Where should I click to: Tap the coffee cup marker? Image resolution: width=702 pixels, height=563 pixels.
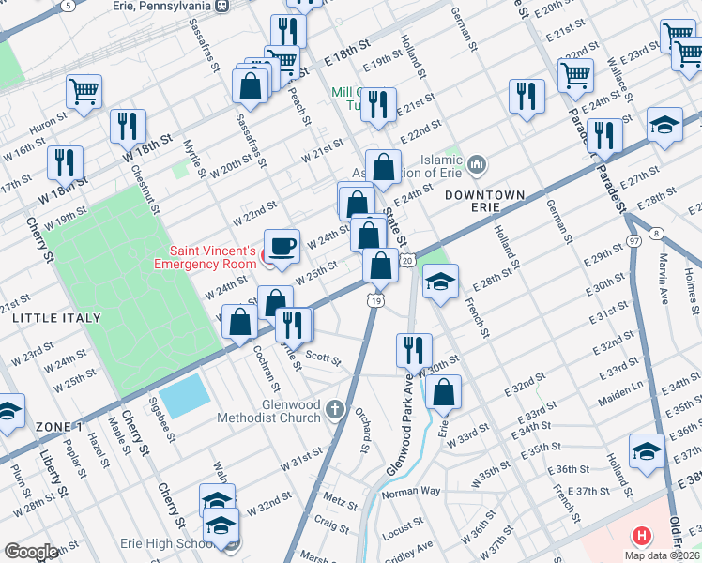(282, 248)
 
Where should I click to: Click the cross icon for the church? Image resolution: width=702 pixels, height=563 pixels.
(337, 410)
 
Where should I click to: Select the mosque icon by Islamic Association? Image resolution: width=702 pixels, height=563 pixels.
(478, 165)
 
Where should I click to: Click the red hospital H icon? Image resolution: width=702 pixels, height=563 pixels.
(642, 537)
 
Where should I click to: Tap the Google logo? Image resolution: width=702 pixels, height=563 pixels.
(31, 552)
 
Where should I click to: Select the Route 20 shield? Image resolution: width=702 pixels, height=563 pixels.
(406, 260)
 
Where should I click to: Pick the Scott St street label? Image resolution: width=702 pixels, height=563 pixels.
(323, 358)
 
